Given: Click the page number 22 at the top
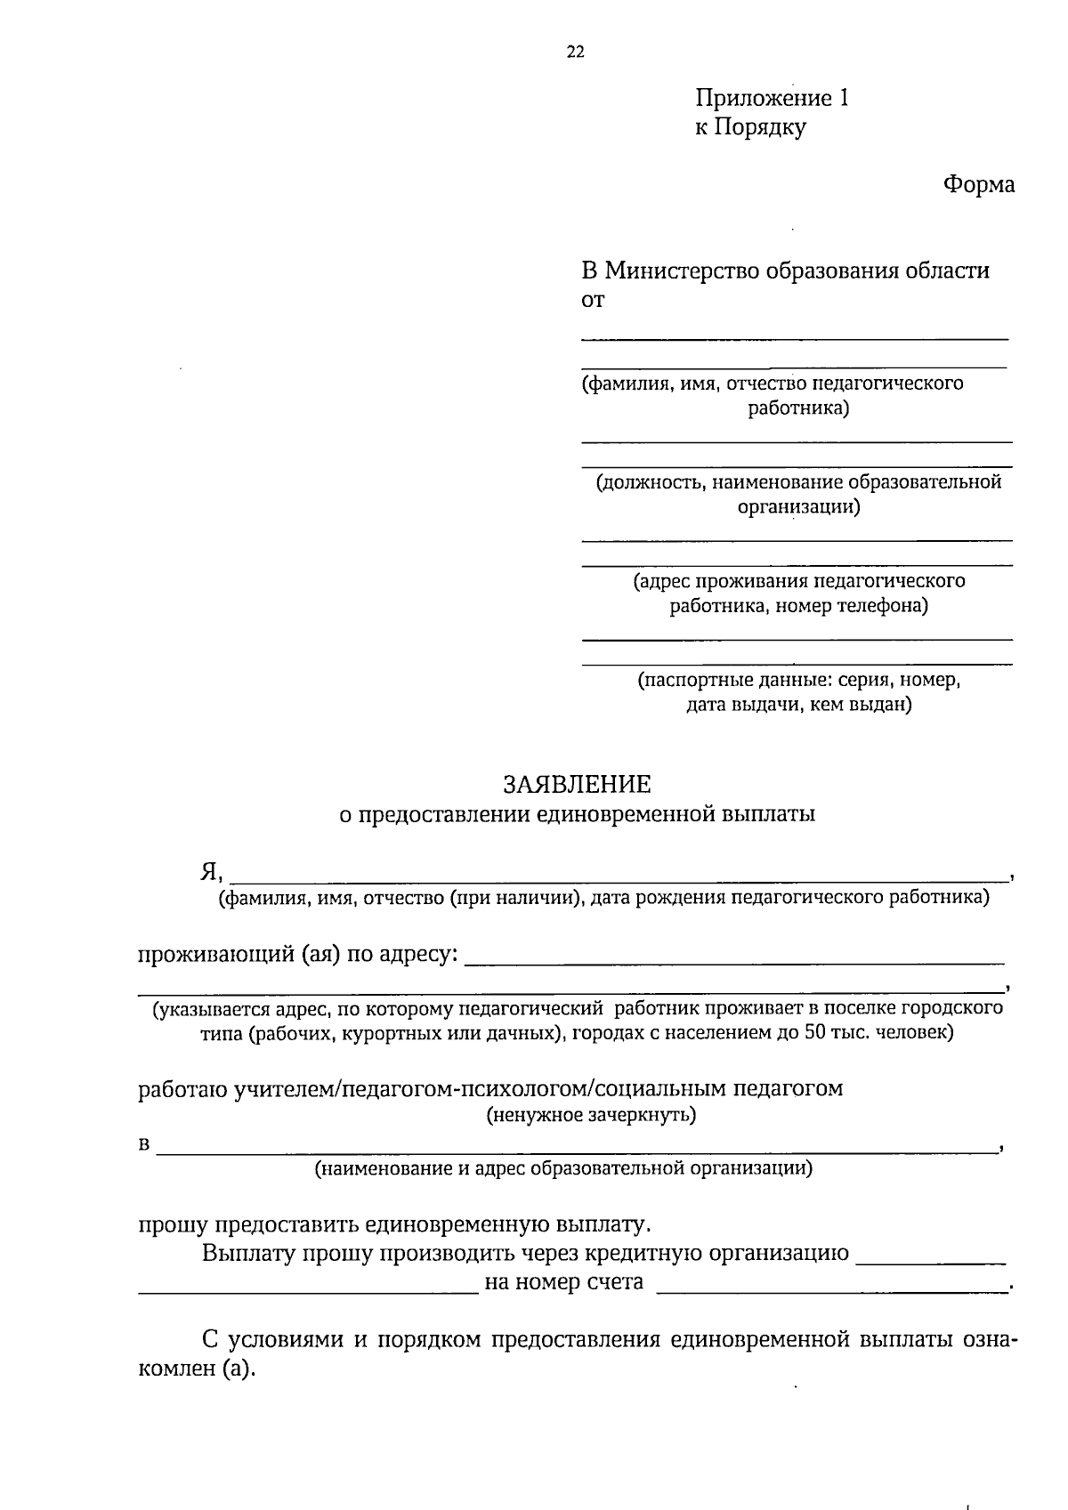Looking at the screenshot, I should click(576, 52).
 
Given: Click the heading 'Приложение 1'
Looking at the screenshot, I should click(772, 98).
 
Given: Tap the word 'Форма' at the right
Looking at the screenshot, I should click(978, 184).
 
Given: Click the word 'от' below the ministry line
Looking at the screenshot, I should click(592, 301).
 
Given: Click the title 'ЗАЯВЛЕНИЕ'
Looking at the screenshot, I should click(577, 784).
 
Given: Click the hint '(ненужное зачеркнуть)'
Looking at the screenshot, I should click(590, 1115).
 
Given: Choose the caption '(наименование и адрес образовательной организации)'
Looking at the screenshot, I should click(563, 1167).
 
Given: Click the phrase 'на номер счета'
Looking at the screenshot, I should click(563, 1282).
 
